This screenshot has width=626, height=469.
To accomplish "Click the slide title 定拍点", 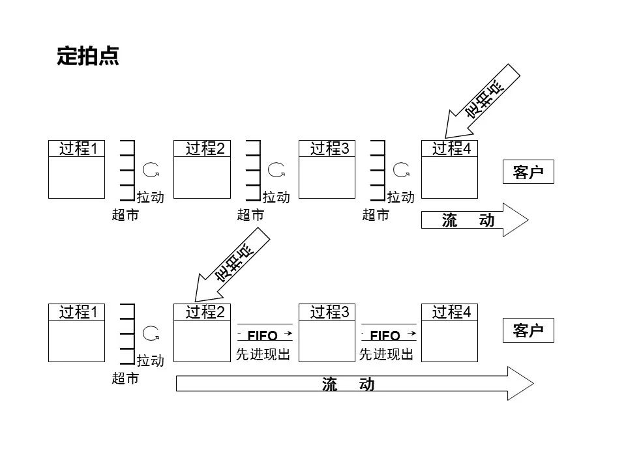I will pos(88,56).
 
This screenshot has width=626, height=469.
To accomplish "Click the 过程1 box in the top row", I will pos(77,169).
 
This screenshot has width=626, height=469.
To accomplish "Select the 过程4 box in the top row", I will pos(450,169).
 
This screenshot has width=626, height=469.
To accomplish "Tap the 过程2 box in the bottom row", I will pos(202,332).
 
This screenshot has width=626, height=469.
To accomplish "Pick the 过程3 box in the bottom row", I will pos(326,332).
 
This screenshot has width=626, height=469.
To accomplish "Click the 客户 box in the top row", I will pos(528,172).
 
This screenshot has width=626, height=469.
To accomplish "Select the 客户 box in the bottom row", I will pos(528,330).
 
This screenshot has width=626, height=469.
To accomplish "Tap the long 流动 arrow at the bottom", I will pos(352,384).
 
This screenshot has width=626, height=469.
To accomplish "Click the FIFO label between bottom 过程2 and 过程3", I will pos(263,335).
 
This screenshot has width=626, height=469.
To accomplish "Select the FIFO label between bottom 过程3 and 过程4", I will pos(387,335).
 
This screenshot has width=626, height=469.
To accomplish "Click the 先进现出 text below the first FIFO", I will pos(263,354).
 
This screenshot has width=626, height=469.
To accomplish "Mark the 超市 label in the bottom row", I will pos(125,378).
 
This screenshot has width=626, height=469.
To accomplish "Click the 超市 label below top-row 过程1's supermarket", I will pos(125,215).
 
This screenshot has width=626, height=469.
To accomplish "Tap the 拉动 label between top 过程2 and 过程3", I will pos(276,197).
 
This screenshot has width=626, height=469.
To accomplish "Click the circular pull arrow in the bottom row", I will pos(152,334).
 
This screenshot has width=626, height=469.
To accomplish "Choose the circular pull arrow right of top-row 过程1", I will pos(152,171).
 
